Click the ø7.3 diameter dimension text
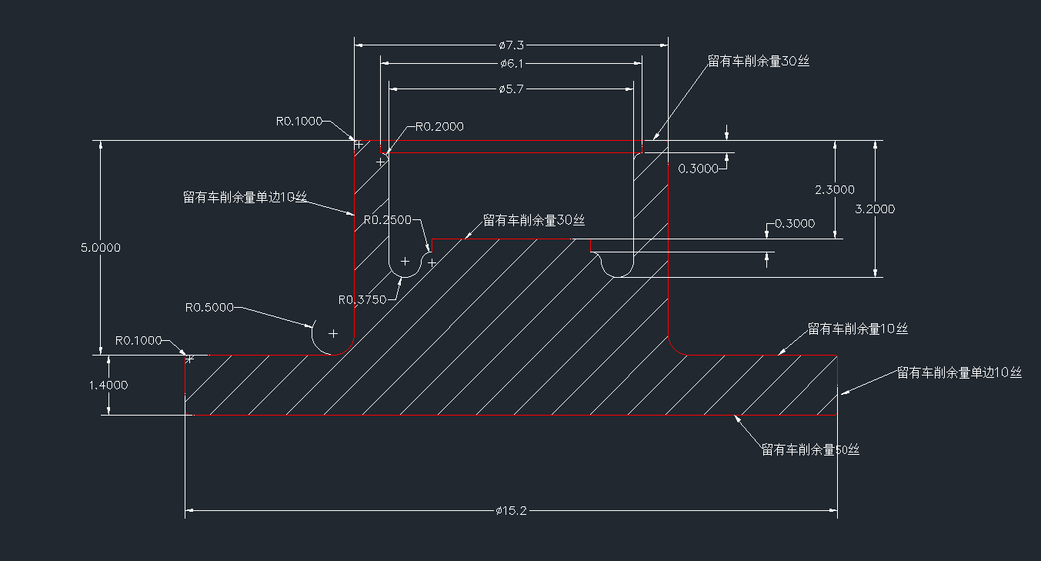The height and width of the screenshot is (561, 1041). pyautogui.click(x=511, y=45)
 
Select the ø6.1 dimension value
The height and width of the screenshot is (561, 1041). pyautogui.click(x=511, y=64)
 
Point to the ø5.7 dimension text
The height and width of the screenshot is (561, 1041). pyautogui.click(x=511, y=89)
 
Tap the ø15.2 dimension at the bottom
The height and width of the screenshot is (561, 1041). pyautogui.click(x=511, y=510)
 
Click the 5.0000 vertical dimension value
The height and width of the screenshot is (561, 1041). pyautogui.click(x=101, y=248)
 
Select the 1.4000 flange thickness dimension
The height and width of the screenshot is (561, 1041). pyautogui.click(x=108, y=385)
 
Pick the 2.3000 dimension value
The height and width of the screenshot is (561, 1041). pyautogui.click(x=835, y=189)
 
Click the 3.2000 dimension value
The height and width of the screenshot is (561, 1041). pyautogui.click(x=875, y=209)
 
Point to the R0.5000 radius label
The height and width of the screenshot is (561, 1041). pyautogui.click(x=209, y=307)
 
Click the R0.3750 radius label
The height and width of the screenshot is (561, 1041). pyautogui.click(x=362, y=300)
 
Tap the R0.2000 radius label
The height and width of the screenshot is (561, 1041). pyautogui.click(x=439, y=127)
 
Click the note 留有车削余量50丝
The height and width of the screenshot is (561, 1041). pyautogui.click(x=810, y=449)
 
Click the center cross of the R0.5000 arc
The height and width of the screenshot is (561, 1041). pyautogui.click(x=333, y=333)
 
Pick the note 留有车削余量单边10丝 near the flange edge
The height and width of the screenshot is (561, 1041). pyautogui.click(x=959, y=372)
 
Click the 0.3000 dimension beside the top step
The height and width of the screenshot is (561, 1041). pyautogui.click(x=699, y=169)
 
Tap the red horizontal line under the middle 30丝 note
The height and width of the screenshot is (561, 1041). pyautogui.click(x=504, y=239)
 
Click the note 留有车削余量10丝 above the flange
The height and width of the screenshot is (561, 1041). pyautogui.click(x=857, y=329)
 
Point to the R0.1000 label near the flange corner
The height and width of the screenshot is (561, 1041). pyautogui.click(x=138, y=340)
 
